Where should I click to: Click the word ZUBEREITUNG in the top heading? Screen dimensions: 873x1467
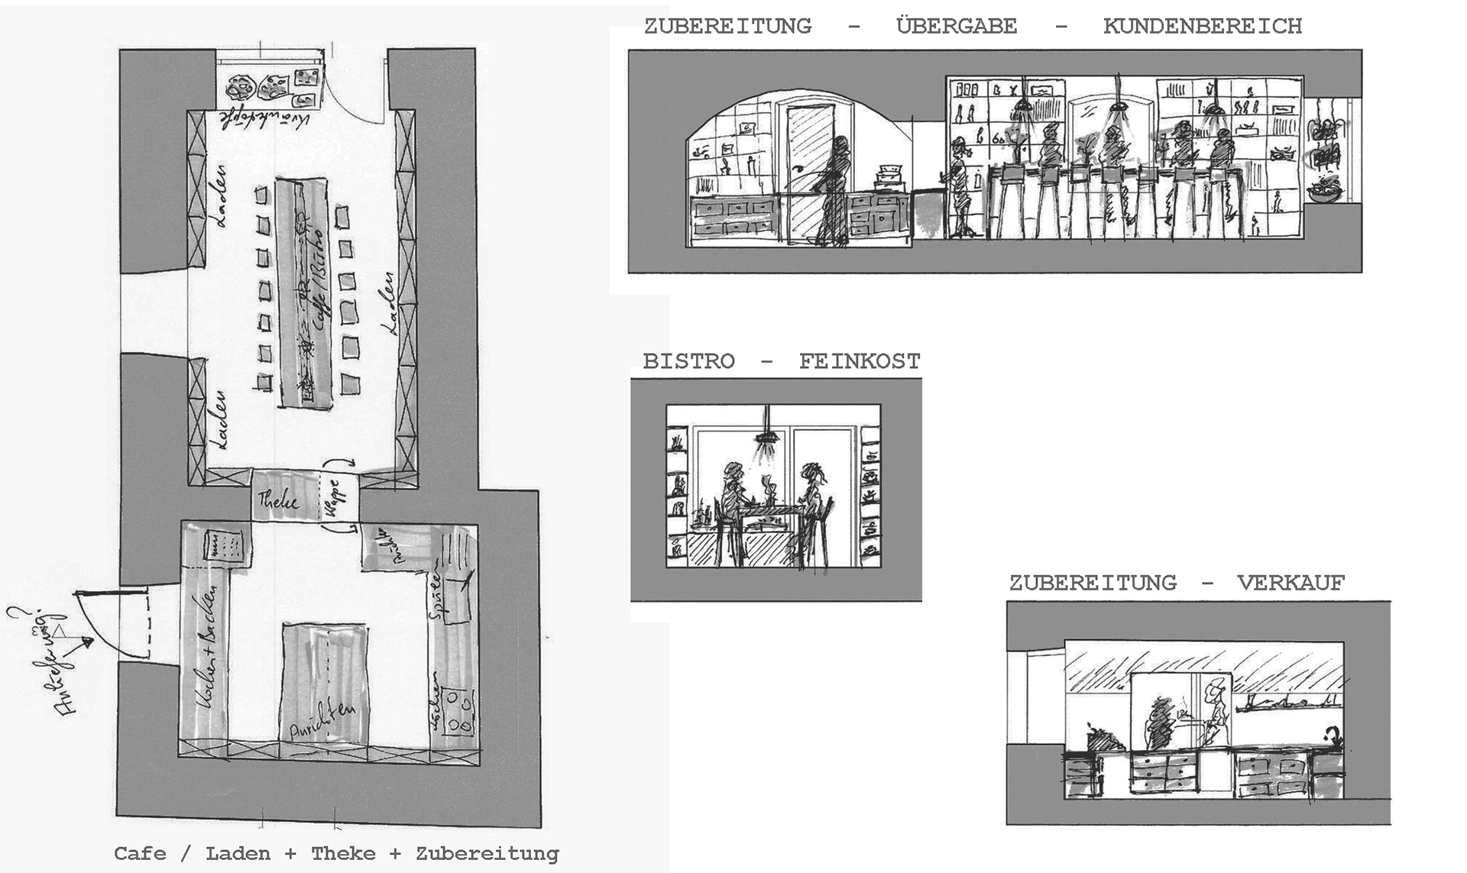727,27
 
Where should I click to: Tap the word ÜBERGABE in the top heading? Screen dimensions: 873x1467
957,27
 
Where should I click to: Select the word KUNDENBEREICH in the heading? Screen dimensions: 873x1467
1202,27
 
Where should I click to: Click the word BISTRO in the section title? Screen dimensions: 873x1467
688,361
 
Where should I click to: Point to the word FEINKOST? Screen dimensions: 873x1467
860,361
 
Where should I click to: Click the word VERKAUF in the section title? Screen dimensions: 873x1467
1291,584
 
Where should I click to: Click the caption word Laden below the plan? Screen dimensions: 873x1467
238,854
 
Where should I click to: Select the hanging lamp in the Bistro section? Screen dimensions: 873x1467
766,437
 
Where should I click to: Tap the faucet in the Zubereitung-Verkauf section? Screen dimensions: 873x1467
1333,739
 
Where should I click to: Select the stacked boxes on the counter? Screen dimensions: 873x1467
889,179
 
